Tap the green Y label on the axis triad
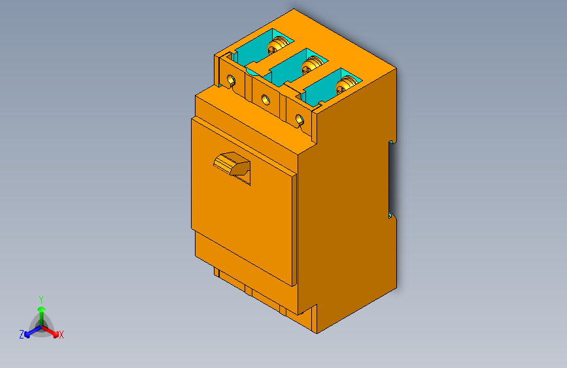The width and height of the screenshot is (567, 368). point(41,298)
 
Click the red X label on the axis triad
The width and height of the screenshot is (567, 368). point(61,335)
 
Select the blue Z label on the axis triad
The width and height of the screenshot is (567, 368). point(22,334)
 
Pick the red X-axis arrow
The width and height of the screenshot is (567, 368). point(52,330)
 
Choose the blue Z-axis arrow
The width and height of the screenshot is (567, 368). point(30,331)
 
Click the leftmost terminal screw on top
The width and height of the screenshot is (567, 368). point(278,45)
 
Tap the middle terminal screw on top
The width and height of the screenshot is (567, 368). point(312,64)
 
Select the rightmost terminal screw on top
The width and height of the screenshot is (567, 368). point(346,83)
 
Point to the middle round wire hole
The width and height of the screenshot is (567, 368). point(265,100)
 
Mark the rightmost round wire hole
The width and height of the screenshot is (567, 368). point(300,119)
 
